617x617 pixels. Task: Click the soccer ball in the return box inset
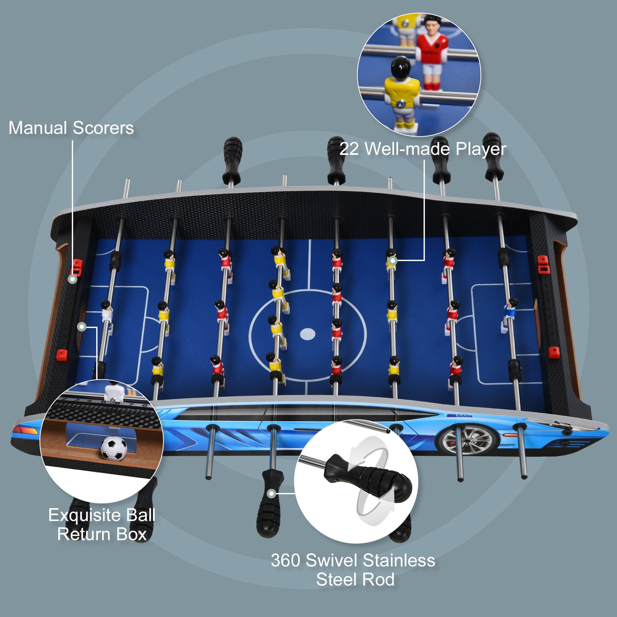[x=114, y=448]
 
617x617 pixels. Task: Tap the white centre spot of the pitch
[x=308, y=334]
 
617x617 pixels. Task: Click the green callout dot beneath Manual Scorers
[x=73, y=279]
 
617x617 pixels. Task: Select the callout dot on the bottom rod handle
[x=271, y=493]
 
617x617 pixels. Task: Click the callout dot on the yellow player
[x=392, y=261]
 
